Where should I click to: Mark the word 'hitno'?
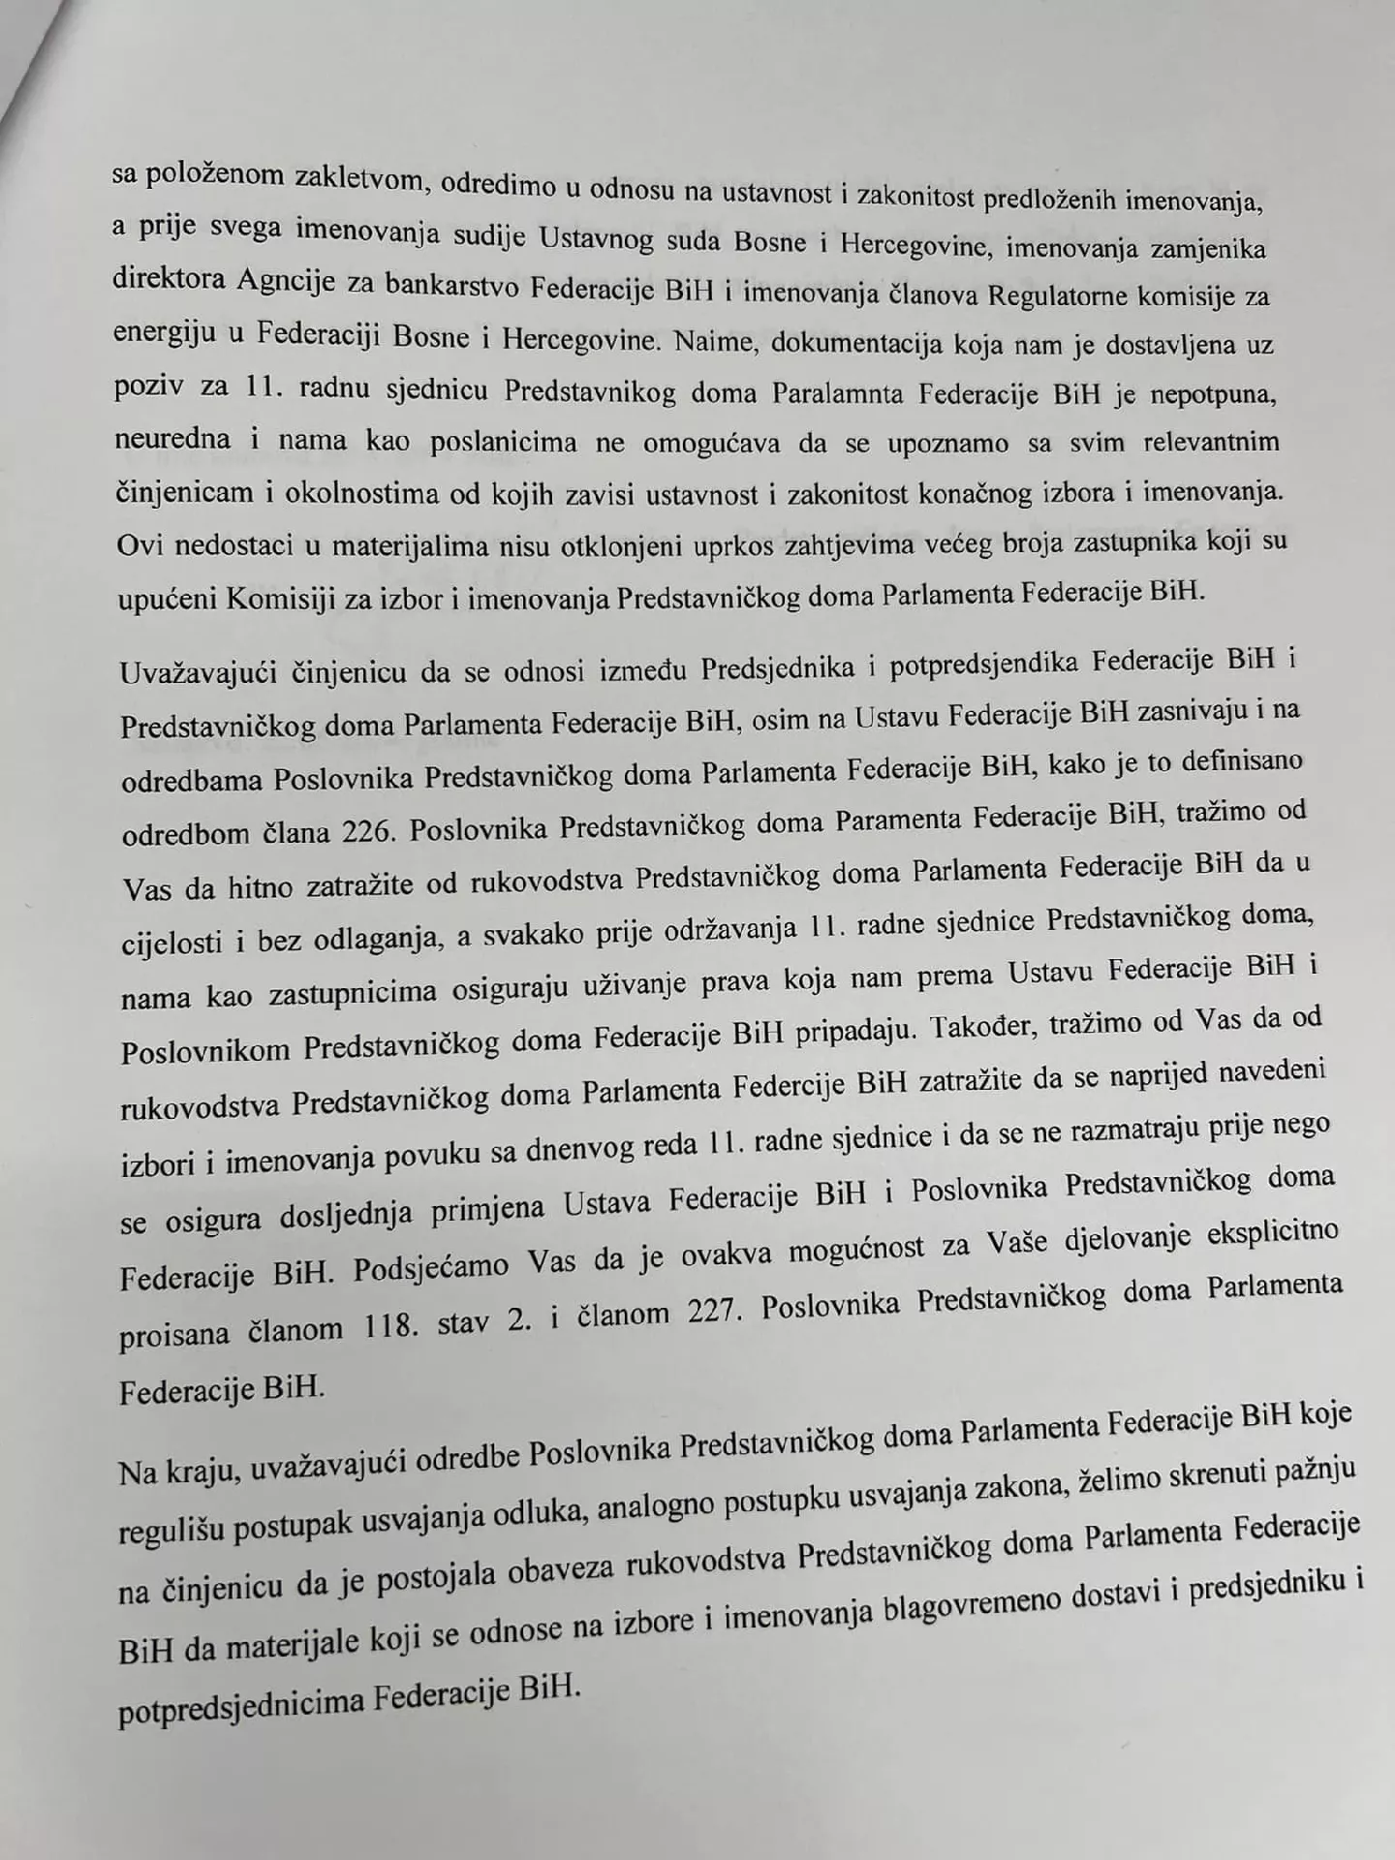coord(264,884)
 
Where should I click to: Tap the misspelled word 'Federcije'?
coord(788,1084)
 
